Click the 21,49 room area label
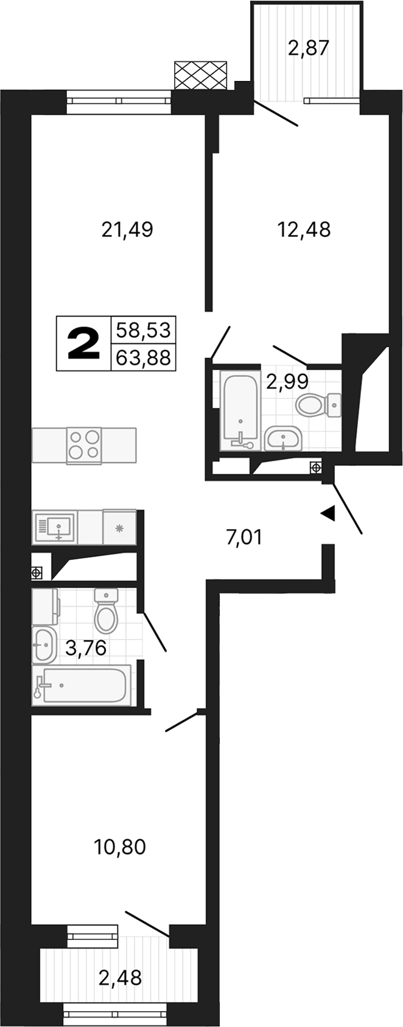point(127,230)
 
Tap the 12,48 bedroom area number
point(303,230)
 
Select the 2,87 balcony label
point(308,48)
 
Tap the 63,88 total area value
point(142,357)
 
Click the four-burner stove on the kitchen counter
point(84,445)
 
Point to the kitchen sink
point(55,527)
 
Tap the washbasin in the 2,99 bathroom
point(283,439)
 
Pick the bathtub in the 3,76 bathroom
point(82,686)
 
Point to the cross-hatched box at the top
point(201,75)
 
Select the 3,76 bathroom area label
point(86,649)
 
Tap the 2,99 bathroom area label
point(287,382)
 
